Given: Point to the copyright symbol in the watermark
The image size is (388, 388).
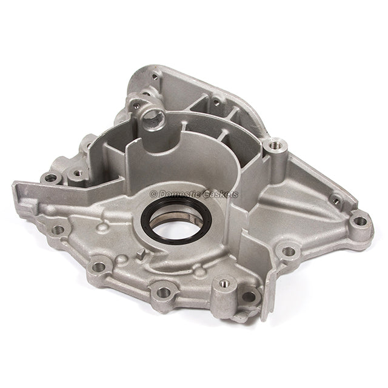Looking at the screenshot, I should [153, 193].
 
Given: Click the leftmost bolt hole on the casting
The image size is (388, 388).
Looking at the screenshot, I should [51, 178].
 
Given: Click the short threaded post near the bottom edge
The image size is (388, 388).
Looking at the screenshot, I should [225, 283].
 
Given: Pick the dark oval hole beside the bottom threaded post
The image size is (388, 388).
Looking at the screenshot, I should [249, 296].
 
